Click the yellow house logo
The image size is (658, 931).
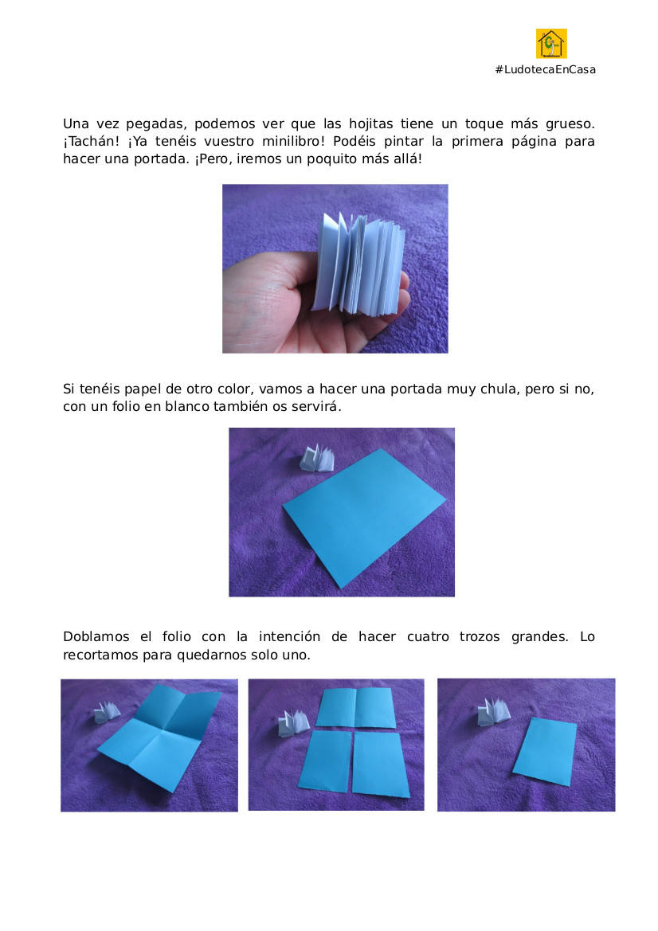click(551, 44)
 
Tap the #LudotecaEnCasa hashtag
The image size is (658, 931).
click(545, 69)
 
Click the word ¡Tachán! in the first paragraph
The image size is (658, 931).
click(92, 141)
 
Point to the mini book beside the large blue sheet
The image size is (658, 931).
click(316, 459)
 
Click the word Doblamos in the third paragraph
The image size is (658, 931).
click(96, 637)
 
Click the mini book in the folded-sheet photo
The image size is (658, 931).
click(107, 711)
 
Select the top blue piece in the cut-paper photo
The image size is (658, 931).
click(356, 708)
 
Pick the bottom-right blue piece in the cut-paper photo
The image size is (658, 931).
click(380, 765)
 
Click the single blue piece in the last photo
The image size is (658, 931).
click(545, 752)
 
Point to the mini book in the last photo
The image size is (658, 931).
click(494, 711)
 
